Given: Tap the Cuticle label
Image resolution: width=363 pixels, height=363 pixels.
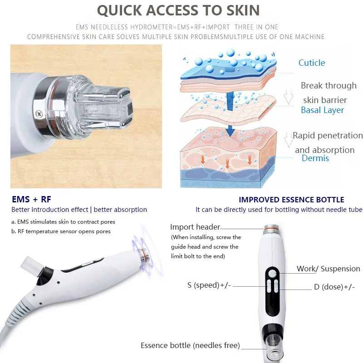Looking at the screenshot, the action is [x=311, y=63].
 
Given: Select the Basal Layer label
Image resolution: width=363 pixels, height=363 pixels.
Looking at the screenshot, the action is [x=322, y=110].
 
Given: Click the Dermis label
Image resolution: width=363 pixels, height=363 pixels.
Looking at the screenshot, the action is [x=315, y=158].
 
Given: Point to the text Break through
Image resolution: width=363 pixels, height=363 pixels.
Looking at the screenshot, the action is [x=329, y=86].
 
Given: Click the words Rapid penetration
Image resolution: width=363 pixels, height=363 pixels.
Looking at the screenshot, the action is [x=327, y=136].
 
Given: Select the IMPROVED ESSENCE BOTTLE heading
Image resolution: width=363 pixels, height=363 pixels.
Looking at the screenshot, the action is [x=291, y=200].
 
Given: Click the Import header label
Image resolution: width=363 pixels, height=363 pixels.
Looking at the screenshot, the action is [x=195, y=227].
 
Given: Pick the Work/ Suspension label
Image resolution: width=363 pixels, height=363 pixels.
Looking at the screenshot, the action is [x=328, y=269].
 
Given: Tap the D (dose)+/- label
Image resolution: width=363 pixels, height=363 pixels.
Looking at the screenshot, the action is [x=334, y=287].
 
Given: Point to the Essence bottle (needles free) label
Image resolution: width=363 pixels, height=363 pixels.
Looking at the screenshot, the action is [x=190, y=345].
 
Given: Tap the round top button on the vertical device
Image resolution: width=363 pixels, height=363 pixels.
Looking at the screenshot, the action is [x=272, y=273].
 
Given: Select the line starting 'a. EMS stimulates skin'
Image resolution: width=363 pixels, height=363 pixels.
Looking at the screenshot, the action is [x=63, y=222].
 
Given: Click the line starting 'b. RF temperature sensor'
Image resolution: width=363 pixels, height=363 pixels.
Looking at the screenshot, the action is [x=61, y=231].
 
